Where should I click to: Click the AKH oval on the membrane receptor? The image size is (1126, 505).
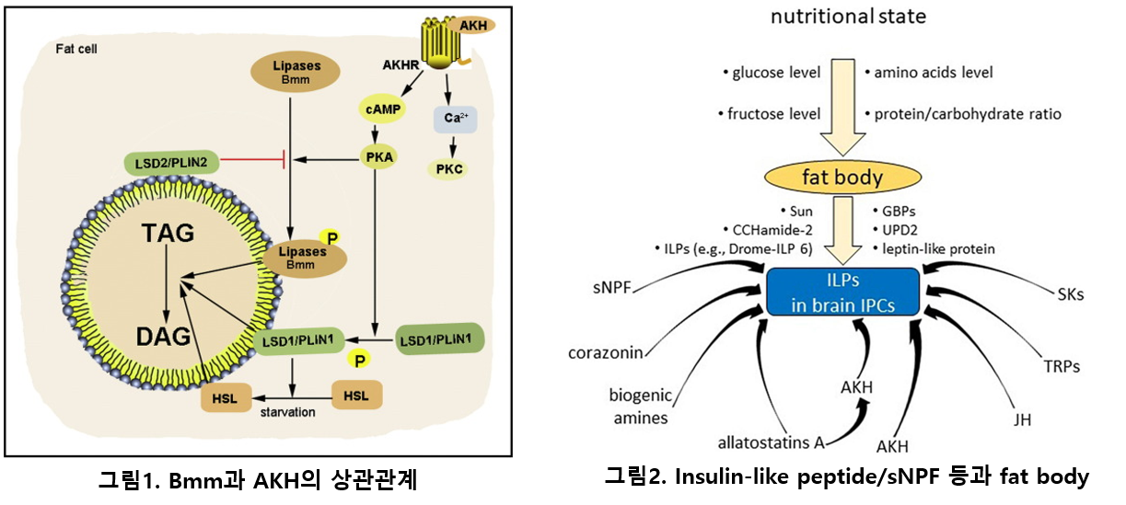point(474,25)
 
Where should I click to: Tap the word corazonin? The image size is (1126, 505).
point(604,352)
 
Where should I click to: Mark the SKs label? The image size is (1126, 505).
point(1071,294)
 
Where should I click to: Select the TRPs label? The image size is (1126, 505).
point(1062,366)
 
